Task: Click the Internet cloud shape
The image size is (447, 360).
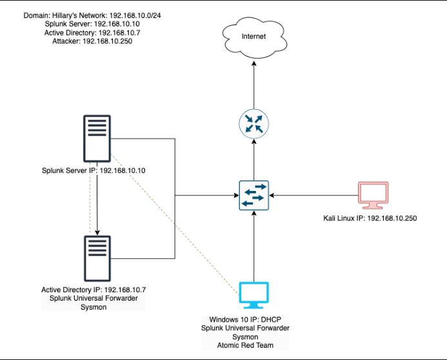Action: click(253, 37)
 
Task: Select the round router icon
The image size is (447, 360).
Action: click(253, 123)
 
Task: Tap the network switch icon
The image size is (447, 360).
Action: click(253, 194)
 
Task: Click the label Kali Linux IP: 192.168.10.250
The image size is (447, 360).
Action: click(370, 218)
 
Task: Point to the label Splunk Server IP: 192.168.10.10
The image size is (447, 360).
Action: click(93, 170)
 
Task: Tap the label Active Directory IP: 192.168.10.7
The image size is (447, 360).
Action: click(93, 290)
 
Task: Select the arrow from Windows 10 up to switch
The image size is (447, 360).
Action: click(253, 245)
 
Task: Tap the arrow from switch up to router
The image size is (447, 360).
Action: click(253, 158)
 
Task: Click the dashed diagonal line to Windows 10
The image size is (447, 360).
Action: click(174, 223)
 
